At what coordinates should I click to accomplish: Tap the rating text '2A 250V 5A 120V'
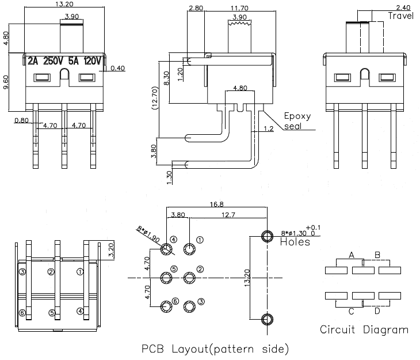[x=64, y=60]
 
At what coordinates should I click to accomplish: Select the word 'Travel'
[x=400, y=16]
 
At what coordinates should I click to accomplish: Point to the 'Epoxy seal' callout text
[x=297, y=120]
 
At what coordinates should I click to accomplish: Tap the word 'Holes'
[x=295, y=242]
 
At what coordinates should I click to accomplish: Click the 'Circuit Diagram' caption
[x=364, y=330]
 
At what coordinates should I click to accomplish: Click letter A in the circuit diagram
[x=351, y=255]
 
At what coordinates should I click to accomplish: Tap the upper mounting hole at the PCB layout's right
[x=267, y=236]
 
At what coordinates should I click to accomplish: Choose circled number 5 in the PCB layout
[x=174, y=269]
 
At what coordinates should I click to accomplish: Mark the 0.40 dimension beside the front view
[x=117, y=69]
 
